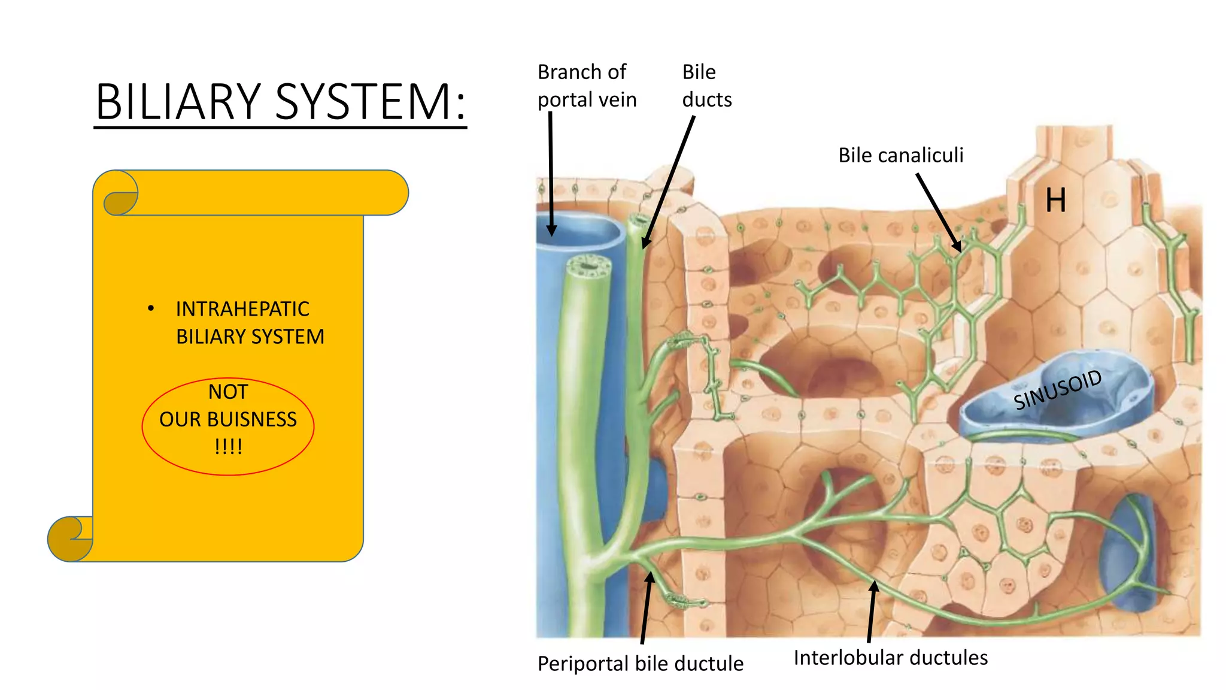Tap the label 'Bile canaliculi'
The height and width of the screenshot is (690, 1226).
[x=900, y=155]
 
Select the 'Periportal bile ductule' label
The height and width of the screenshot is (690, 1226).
[x=640, y=664]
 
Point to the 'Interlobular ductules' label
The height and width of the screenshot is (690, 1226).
[x=890, y=658]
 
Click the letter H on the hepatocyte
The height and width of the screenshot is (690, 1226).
[x=1055, y=200]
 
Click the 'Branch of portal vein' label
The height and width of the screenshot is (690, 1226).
[x=586, y=86]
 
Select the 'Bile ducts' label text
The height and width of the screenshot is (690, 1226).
[x=706, y=86]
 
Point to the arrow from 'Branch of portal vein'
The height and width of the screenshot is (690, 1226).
[x=551, y=174]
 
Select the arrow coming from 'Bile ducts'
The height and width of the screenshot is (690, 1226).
[x=669, y=183]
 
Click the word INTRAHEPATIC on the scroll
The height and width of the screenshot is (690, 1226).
[x=242, y=309]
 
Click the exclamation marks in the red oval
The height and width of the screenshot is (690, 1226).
[x=228, y=447]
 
